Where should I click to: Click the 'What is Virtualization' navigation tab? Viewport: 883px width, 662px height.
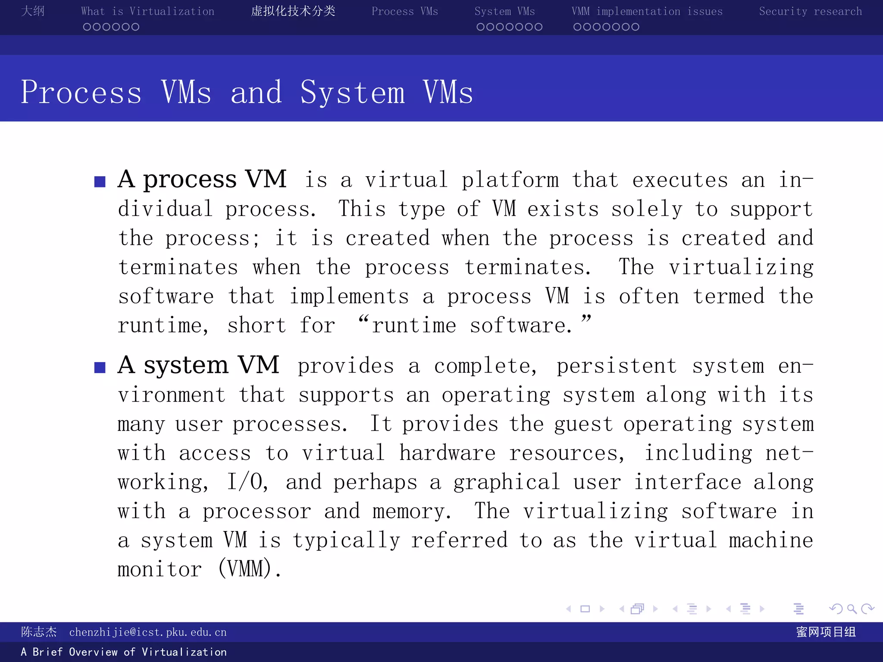point(147,12)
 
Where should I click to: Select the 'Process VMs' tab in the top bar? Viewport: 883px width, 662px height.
point(404,12)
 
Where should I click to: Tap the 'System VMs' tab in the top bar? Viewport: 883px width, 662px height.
point(504,12)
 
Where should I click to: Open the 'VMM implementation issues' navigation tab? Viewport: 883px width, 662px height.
point(647,12)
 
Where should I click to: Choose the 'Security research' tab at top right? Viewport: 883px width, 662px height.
point(810,12)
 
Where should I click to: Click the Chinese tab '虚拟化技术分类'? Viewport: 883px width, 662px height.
point(293,11)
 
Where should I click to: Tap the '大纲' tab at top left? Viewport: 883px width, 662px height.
point(33,11)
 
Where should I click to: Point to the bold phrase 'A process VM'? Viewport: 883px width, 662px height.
point(202,179)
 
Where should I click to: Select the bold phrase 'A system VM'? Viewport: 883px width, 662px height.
point(198,365)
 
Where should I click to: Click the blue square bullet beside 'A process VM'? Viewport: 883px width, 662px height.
point(100,181)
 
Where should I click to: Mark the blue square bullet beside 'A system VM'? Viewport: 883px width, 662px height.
point(100,367)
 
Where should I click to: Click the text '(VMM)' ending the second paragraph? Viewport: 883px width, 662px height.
point(249,568)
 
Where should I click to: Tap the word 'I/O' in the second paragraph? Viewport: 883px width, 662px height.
point(247,482)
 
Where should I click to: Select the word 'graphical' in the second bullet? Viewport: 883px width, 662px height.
point(506,482)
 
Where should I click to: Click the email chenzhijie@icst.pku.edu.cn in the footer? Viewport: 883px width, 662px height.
point(147,632)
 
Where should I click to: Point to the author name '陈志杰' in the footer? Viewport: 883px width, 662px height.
point(39,632)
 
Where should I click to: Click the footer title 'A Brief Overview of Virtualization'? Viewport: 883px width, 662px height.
point(124,652)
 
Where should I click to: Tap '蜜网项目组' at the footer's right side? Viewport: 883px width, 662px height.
point(826,632)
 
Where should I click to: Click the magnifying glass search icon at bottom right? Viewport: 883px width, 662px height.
point(852,609)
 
